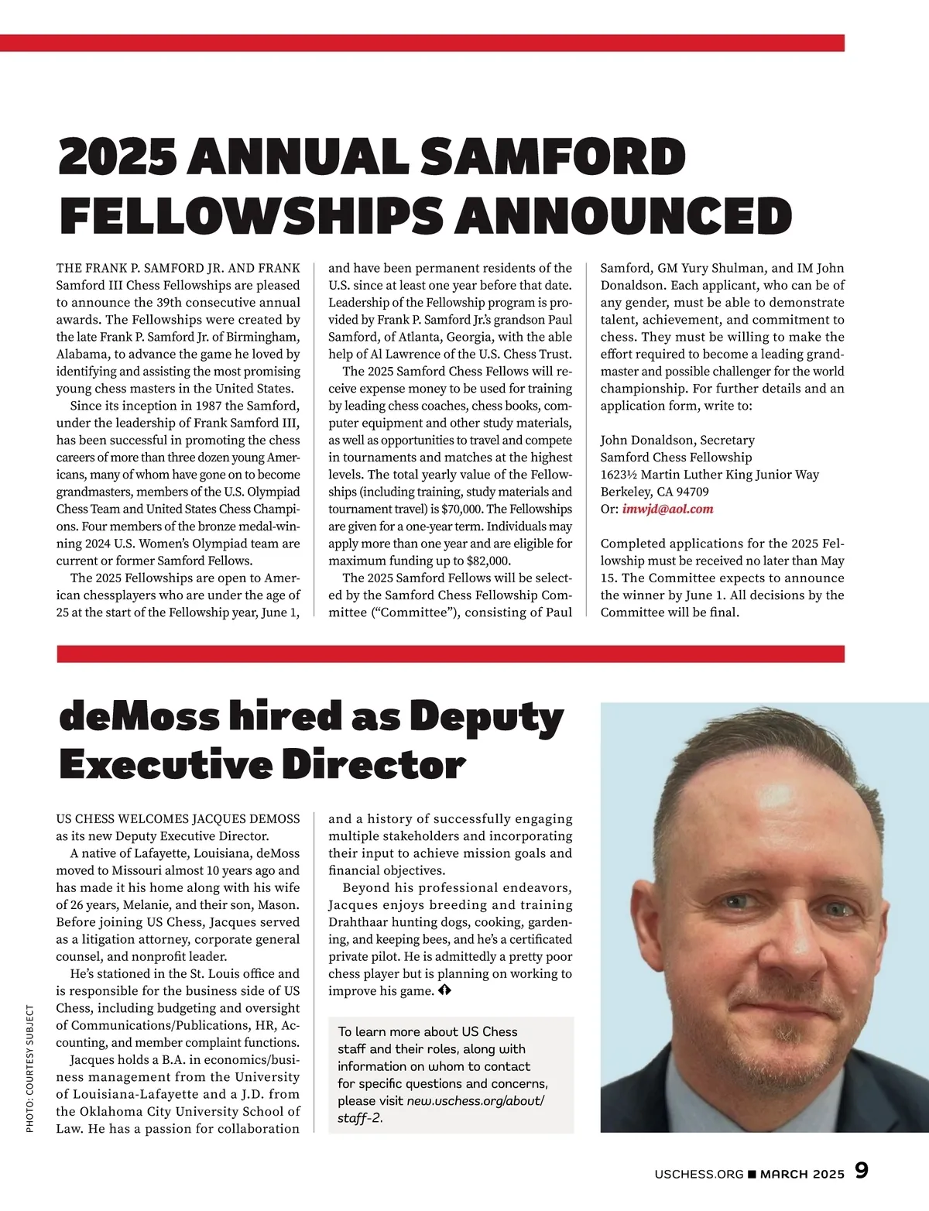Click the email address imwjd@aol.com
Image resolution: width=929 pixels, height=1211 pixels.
coord(667,509)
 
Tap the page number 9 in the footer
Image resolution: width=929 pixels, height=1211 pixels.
coord(861,1171)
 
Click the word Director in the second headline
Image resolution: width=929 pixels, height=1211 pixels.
coord(374,765)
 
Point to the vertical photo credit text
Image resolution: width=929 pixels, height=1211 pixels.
coord(30,1069)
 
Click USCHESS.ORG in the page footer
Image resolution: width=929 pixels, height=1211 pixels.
coord(698,1174)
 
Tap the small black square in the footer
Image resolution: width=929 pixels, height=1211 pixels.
coord(752,1174)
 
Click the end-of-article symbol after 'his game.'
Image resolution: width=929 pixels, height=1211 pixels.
coord(444,991)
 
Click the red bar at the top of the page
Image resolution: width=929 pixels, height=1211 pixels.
coord(422,43)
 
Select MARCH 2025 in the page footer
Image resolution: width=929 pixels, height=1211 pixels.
coord(802,1174)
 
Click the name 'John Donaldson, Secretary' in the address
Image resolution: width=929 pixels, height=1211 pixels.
coord(666,440)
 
